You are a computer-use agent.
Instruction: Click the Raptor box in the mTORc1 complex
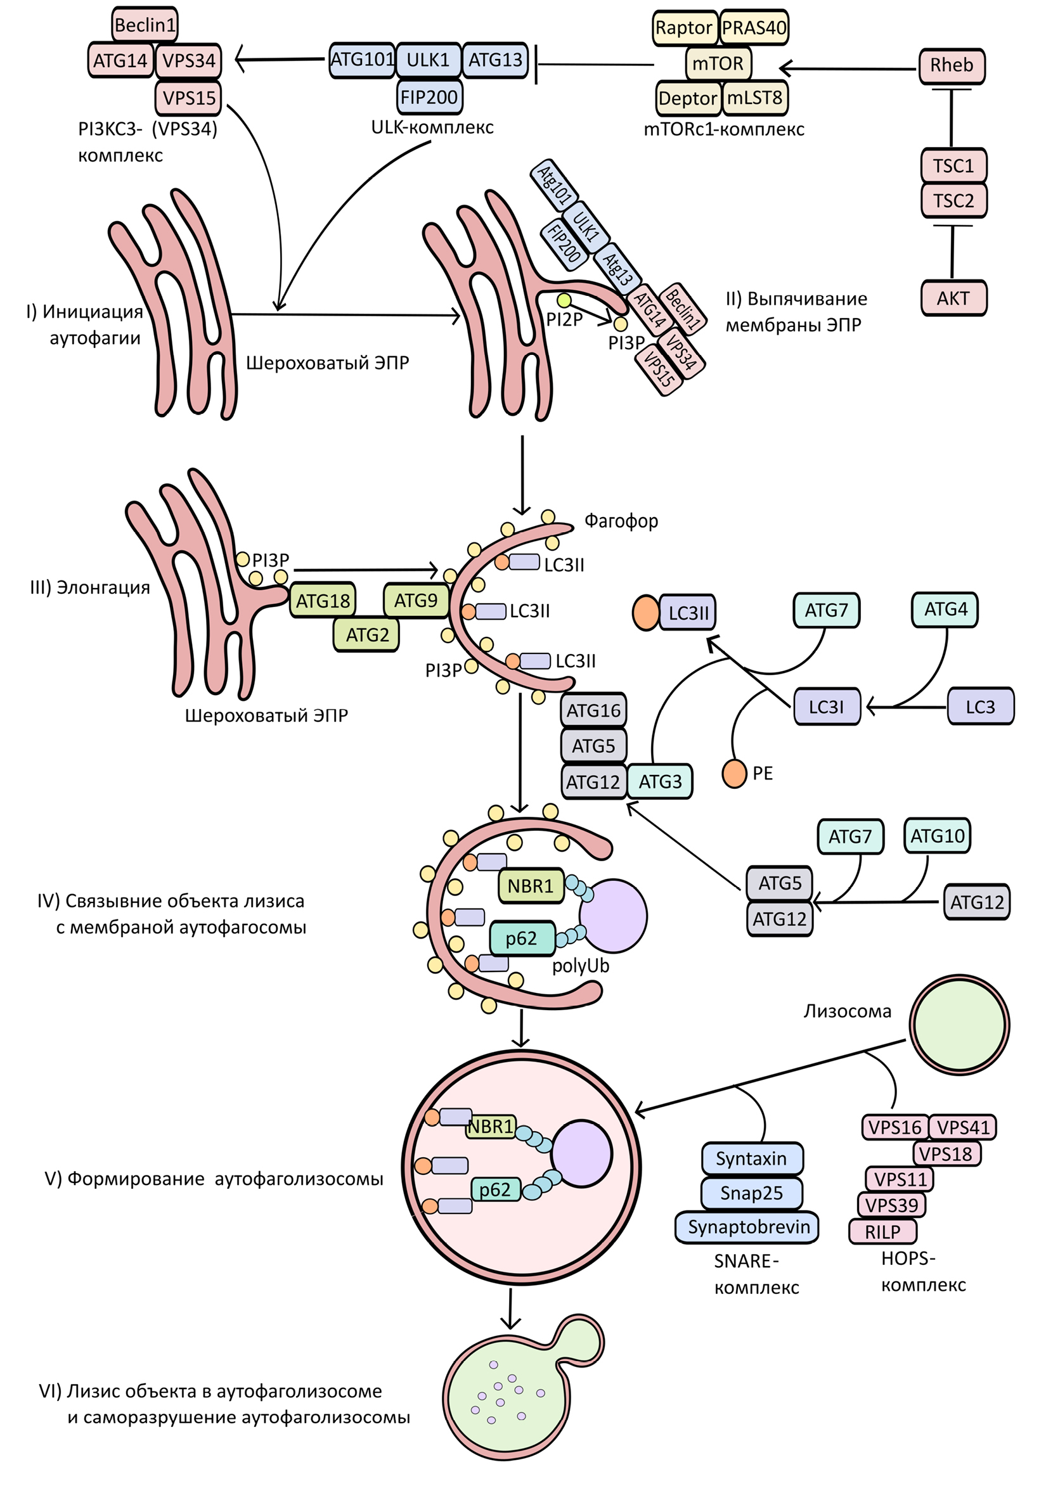tap(683, 28)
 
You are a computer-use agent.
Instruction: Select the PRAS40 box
tap(754, 28)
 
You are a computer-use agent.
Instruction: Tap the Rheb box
tap(952, 65)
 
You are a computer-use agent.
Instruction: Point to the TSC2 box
tap(953, 201)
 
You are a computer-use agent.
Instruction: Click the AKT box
tap(953, 298)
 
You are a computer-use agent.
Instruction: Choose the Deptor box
tap(688, 98)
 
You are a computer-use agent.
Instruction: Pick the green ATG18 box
tap(322, 601)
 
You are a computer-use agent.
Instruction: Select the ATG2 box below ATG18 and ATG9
tap(366, 635)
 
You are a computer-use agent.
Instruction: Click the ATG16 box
tap(593, 710)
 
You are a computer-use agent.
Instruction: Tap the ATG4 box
tap(945, 610)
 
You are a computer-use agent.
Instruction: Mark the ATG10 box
tap(937, 836)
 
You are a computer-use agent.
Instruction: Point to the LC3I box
tap(827, 707)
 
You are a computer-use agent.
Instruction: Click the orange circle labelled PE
tap(734, 774)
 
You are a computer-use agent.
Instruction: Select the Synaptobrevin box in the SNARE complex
tap(748, 1227)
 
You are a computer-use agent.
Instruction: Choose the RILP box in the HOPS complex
tap(882, 1232)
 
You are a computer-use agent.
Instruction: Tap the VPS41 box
tap(963, 1127)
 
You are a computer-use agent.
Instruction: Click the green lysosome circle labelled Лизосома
tap(959, 1025)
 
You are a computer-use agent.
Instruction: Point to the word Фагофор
tap(621, 521)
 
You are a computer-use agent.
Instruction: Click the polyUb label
tap(581, 966)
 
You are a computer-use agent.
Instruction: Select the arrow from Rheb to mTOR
tap(848, 68)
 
